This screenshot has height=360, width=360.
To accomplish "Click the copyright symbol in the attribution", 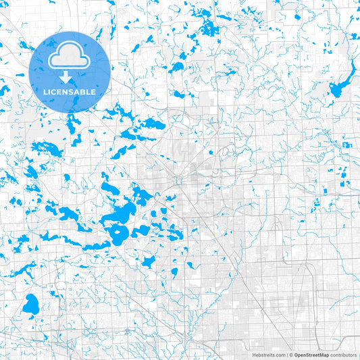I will click(291, 355).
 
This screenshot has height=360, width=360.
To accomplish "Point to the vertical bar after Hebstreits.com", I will click(286, 355).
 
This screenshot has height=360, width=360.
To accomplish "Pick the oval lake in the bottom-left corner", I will click(30, 305).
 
